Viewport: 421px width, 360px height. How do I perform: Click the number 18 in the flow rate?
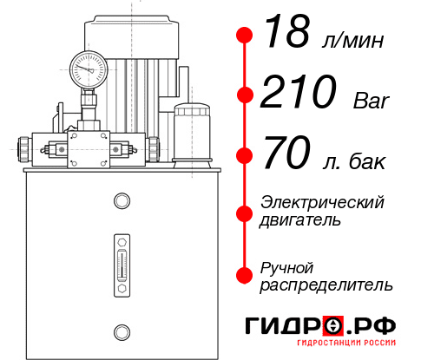coord(286,36)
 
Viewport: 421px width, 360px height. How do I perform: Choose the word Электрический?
coord(321,202)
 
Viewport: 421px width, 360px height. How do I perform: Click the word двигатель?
coord(300,220)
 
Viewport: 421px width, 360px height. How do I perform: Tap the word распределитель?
coord(326,284)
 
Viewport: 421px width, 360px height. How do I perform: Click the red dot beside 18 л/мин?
coord(246,36)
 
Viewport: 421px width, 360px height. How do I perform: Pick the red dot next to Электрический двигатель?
coord(246,212)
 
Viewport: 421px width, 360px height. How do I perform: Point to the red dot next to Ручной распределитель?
coord(246,274)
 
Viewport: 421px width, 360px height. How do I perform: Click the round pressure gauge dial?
coord(88,65)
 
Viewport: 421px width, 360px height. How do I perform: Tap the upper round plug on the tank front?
coord(122,202)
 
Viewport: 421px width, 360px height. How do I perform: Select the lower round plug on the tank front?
coord(122,330)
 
